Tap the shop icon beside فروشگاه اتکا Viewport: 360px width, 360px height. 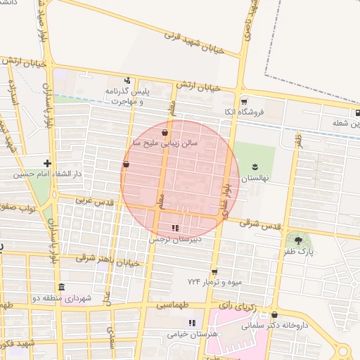click(x=244, y=101)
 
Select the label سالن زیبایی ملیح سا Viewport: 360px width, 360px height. click(x=162, y=143)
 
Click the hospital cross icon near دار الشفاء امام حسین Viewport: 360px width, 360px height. click(x=47, y=163)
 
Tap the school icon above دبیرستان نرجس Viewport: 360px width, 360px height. click(x=175, y=227)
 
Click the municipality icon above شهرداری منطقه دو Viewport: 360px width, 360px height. click(x=61, y=288)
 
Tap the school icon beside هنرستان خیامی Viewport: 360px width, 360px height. click(x=192, y=323)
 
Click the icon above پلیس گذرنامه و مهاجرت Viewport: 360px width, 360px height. click(x=127, y=79)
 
